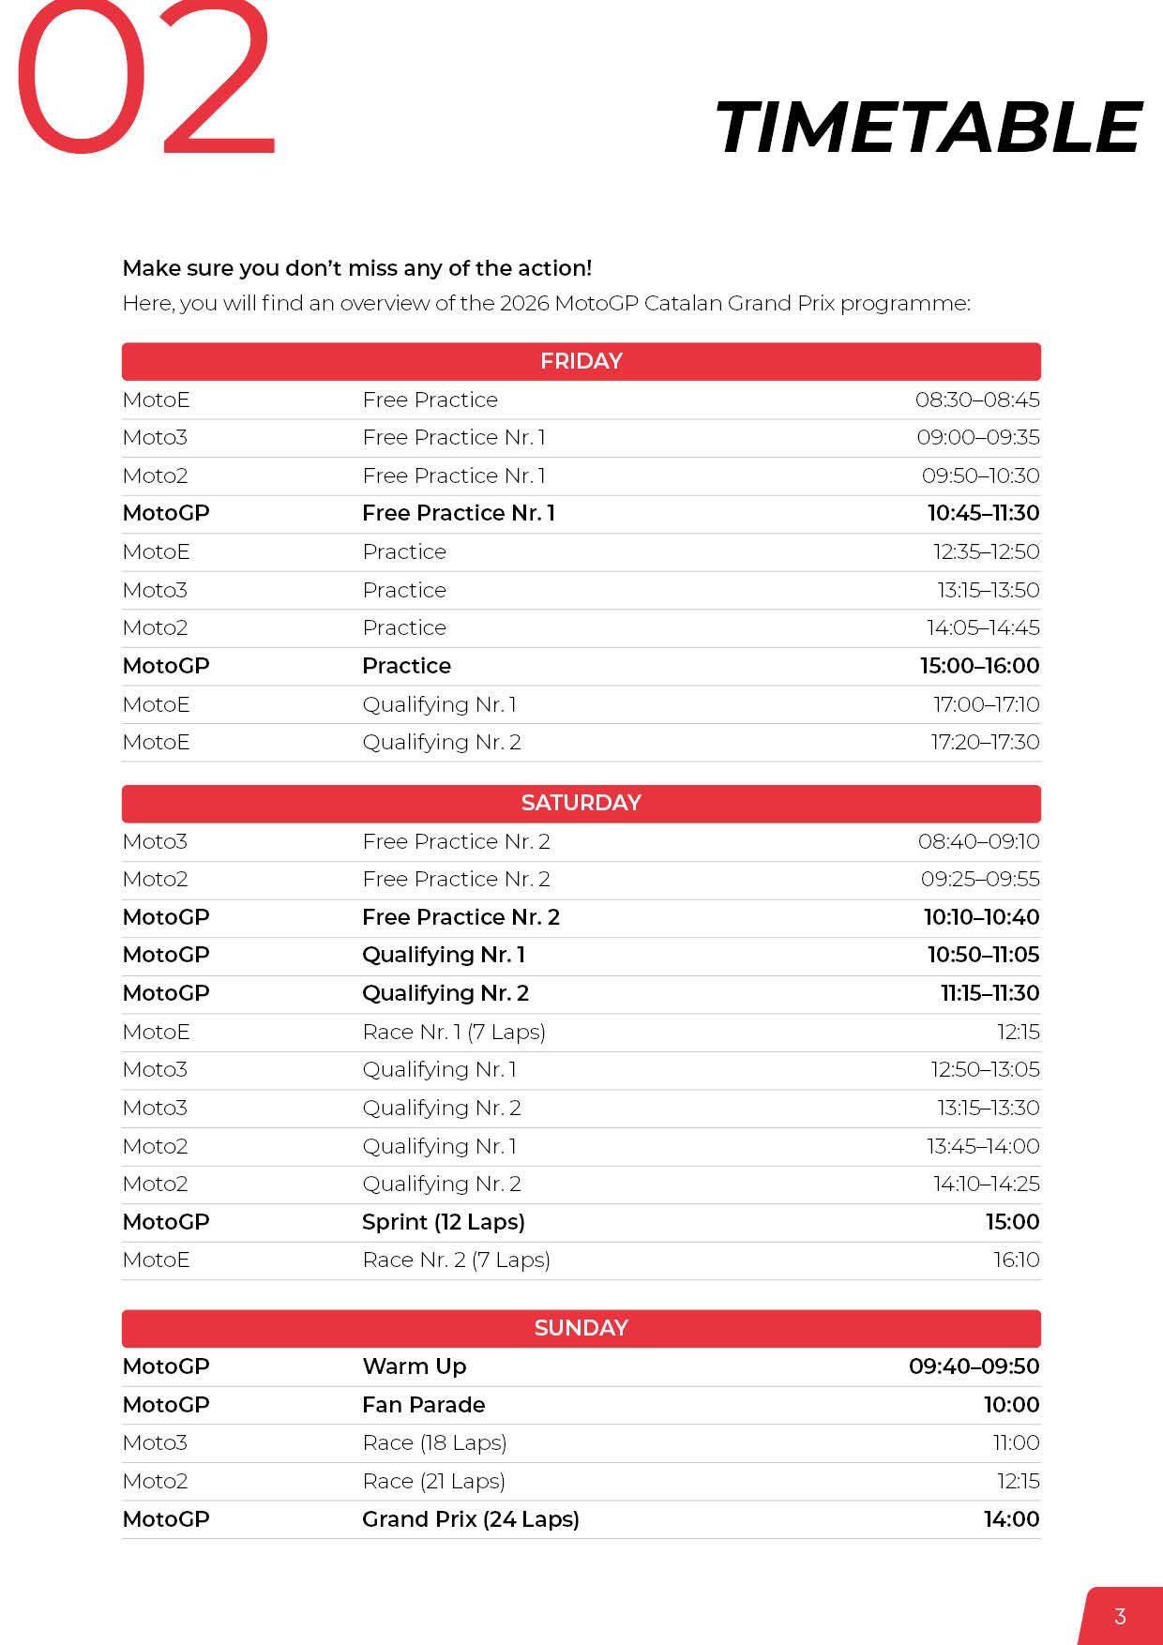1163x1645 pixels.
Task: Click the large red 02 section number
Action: tap(145, 80)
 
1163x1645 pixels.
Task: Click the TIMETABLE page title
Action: tap(928, 128)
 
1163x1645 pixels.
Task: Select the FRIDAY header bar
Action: tap(581, 361)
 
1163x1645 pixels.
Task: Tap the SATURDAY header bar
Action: tap(581, 803)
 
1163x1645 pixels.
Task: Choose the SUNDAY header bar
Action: tap(581, 1328)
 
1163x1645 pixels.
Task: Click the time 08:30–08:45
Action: tap(977, 400)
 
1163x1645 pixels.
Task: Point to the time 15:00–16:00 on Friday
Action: tap(979, 666)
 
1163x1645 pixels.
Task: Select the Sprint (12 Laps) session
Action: tap(443, 1222)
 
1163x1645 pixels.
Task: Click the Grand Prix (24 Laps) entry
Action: tap(470, 1519)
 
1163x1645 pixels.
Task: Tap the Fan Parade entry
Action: tap(423, 1405)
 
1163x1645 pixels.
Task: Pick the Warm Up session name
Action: tap(414, 1366)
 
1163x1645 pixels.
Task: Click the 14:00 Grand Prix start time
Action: tap(1011, 1519)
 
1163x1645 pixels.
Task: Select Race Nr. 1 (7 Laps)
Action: tap(453, 1032)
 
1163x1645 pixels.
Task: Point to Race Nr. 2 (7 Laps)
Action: tap(456, 1260)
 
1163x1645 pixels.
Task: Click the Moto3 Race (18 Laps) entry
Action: tap(434, 1442)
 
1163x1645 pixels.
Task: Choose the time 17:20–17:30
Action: tap(985, 742)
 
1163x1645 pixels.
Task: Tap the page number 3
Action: tap(1120, 1616)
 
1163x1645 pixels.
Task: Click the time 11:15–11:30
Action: tap(989, 993)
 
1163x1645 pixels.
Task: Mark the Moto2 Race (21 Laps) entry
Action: tap(433, 1481)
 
